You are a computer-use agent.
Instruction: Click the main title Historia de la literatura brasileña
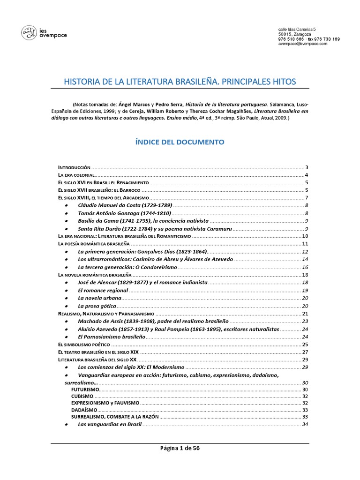coord(180,82)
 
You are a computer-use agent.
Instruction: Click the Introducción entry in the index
coord(74,167)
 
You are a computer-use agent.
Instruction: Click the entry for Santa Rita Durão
coord(154,228)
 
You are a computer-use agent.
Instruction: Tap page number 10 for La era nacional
coord(305,236)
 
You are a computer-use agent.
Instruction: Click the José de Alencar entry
coord(142,282)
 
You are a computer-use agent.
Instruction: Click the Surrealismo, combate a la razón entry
coord(115,416)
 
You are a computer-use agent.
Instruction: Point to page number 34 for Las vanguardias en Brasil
coord(305,425)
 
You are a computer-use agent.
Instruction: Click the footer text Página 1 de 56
coord(180,448)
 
